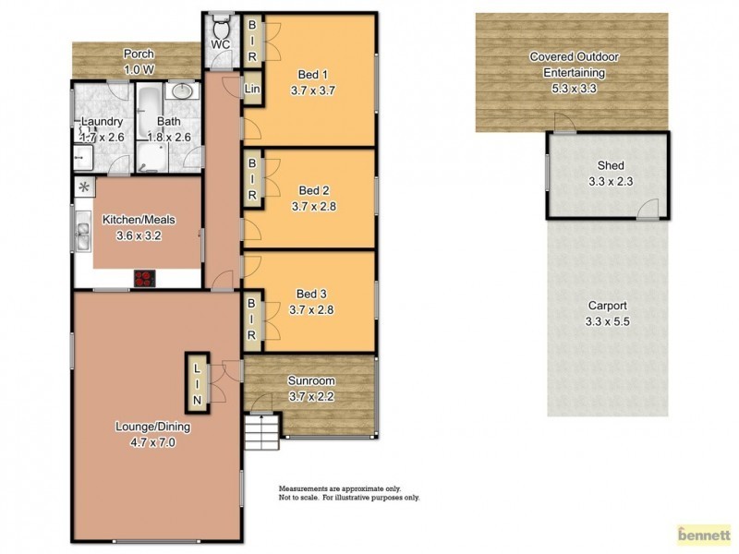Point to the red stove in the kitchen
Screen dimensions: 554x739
coord(144,276)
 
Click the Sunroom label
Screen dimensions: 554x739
coord(310,380)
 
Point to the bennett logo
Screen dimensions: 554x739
coord(704,533)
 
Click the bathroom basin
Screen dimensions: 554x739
coord(182,92)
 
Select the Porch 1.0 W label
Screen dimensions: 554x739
coord(139,60)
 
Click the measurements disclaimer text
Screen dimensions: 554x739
coord(349,492)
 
